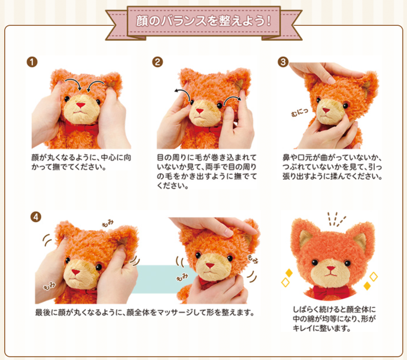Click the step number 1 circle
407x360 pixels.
tap(32, 62)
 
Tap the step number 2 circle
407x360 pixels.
tap(157, 62)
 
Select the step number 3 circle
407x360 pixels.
tap(283, 62)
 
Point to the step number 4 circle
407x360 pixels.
tap(36, 217)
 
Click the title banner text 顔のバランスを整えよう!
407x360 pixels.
tap(203, 21)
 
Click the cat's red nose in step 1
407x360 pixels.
tap(80, 105)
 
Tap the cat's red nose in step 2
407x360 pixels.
tap(199, 111)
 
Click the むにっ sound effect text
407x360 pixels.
tap(299, 112)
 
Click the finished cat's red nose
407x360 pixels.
tap(331, 268)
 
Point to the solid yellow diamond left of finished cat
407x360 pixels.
tap(288, 273)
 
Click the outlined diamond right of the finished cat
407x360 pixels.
tap(373, 277)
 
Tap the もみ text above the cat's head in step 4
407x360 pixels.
tap(108, 223)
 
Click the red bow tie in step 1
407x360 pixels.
tap(81, 128)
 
